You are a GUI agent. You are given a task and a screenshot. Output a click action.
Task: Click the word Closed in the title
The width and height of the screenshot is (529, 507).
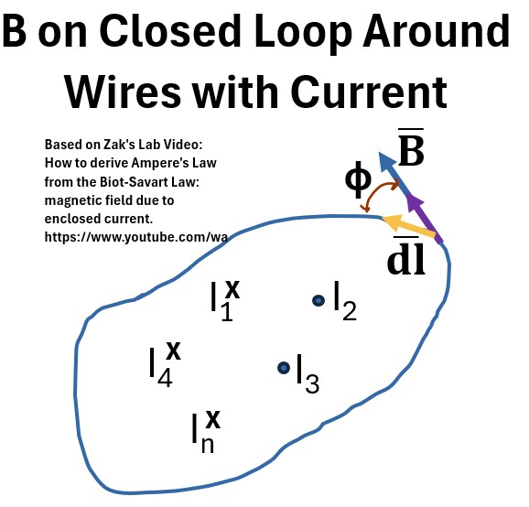[170, 31]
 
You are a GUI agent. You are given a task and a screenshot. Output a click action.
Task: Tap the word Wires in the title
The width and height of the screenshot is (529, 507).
[123, 92]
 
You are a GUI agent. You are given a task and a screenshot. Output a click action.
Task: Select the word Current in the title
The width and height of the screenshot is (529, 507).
[369, 92]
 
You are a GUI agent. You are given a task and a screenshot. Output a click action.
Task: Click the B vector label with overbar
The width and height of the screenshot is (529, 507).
[411, 146]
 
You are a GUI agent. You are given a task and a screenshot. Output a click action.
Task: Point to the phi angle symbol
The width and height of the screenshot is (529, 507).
[358, 179]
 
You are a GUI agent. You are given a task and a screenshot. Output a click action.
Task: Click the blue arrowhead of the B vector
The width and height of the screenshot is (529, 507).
[386, 160]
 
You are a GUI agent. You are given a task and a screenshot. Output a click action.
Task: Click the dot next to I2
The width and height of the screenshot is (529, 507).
[318, 300]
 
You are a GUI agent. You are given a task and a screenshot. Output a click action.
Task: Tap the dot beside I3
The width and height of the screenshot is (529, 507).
[284, 368]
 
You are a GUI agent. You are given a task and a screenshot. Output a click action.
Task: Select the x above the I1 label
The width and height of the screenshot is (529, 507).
[232, 289]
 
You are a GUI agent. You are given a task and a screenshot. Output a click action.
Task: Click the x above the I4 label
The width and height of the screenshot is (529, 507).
[173, 350]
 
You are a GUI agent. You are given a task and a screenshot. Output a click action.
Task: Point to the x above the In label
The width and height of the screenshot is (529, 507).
[213, 419]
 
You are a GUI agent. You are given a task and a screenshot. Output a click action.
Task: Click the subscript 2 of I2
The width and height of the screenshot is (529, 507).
[350, 310]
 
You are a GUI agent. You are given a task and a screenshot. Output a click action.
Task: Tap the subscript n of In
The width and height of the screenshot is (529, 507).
[208, 445]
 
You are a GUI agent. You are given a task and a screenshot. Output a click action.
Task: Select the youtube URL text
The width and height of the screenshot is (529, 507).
[136, 237]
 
